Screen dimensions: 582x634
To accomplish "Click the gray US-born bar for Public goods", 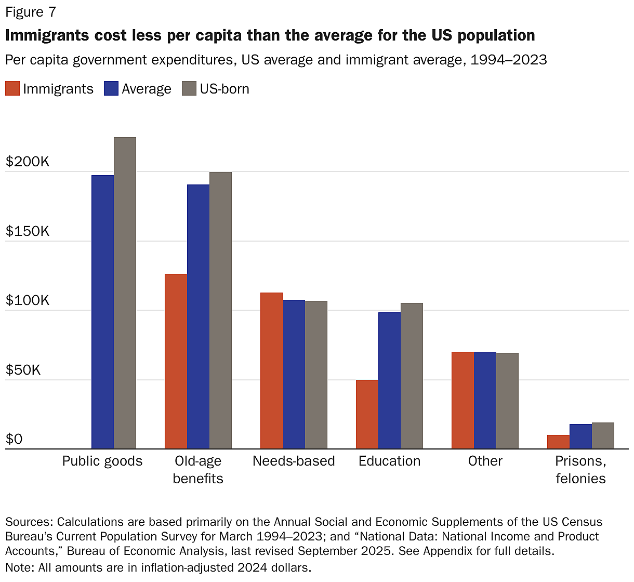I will click(125, 293).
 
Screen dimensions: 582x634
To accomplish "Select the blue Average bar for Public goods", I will click(102, 312).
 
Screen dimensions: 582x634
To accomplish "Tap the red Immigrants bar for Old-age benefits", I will click(176, 361).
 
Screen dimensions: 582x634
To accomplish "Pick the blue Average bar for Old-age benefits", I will click(198, 316).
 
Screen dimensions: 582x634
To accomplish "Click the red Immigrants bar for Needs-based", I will click(271, 371).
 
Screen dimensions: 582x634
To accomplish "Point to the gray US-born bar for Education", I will click(412, 376).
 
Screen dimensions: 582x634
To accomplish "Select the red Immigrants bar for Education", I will click(367, 414).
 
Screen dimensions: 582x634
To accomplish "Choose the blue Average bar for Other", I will click(485, 400).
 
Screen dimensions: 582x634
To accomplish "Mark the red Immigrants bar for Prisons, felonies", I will click(558, 442).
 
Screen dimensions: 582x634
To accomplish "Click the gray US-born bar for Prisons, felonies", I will click(603, 435).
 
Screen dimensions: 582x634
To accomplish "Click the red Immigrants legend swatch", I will click(12, 89).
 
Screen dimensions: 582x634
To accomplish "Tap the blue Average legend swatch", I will click(111, 89).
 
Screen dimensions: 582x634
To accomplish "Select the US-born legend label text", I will click(224, 89).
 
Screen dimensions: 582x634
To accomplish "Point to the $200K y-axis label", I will click(28, 162).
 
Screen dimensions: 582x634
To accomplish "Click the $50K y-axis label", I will click(23, 370).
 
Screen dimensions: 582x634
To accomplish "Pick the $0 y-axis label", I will click(14, 440).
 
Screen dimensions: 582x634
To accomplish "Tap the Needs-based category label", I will click(294, 461).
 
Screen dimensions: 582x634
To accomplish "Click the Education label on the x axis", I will click(389, 461).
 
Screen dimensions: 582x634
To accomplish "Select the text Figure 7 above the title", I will click(31, 12).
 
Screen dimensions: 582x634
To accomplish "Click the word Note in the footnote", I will click(19, 567).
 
